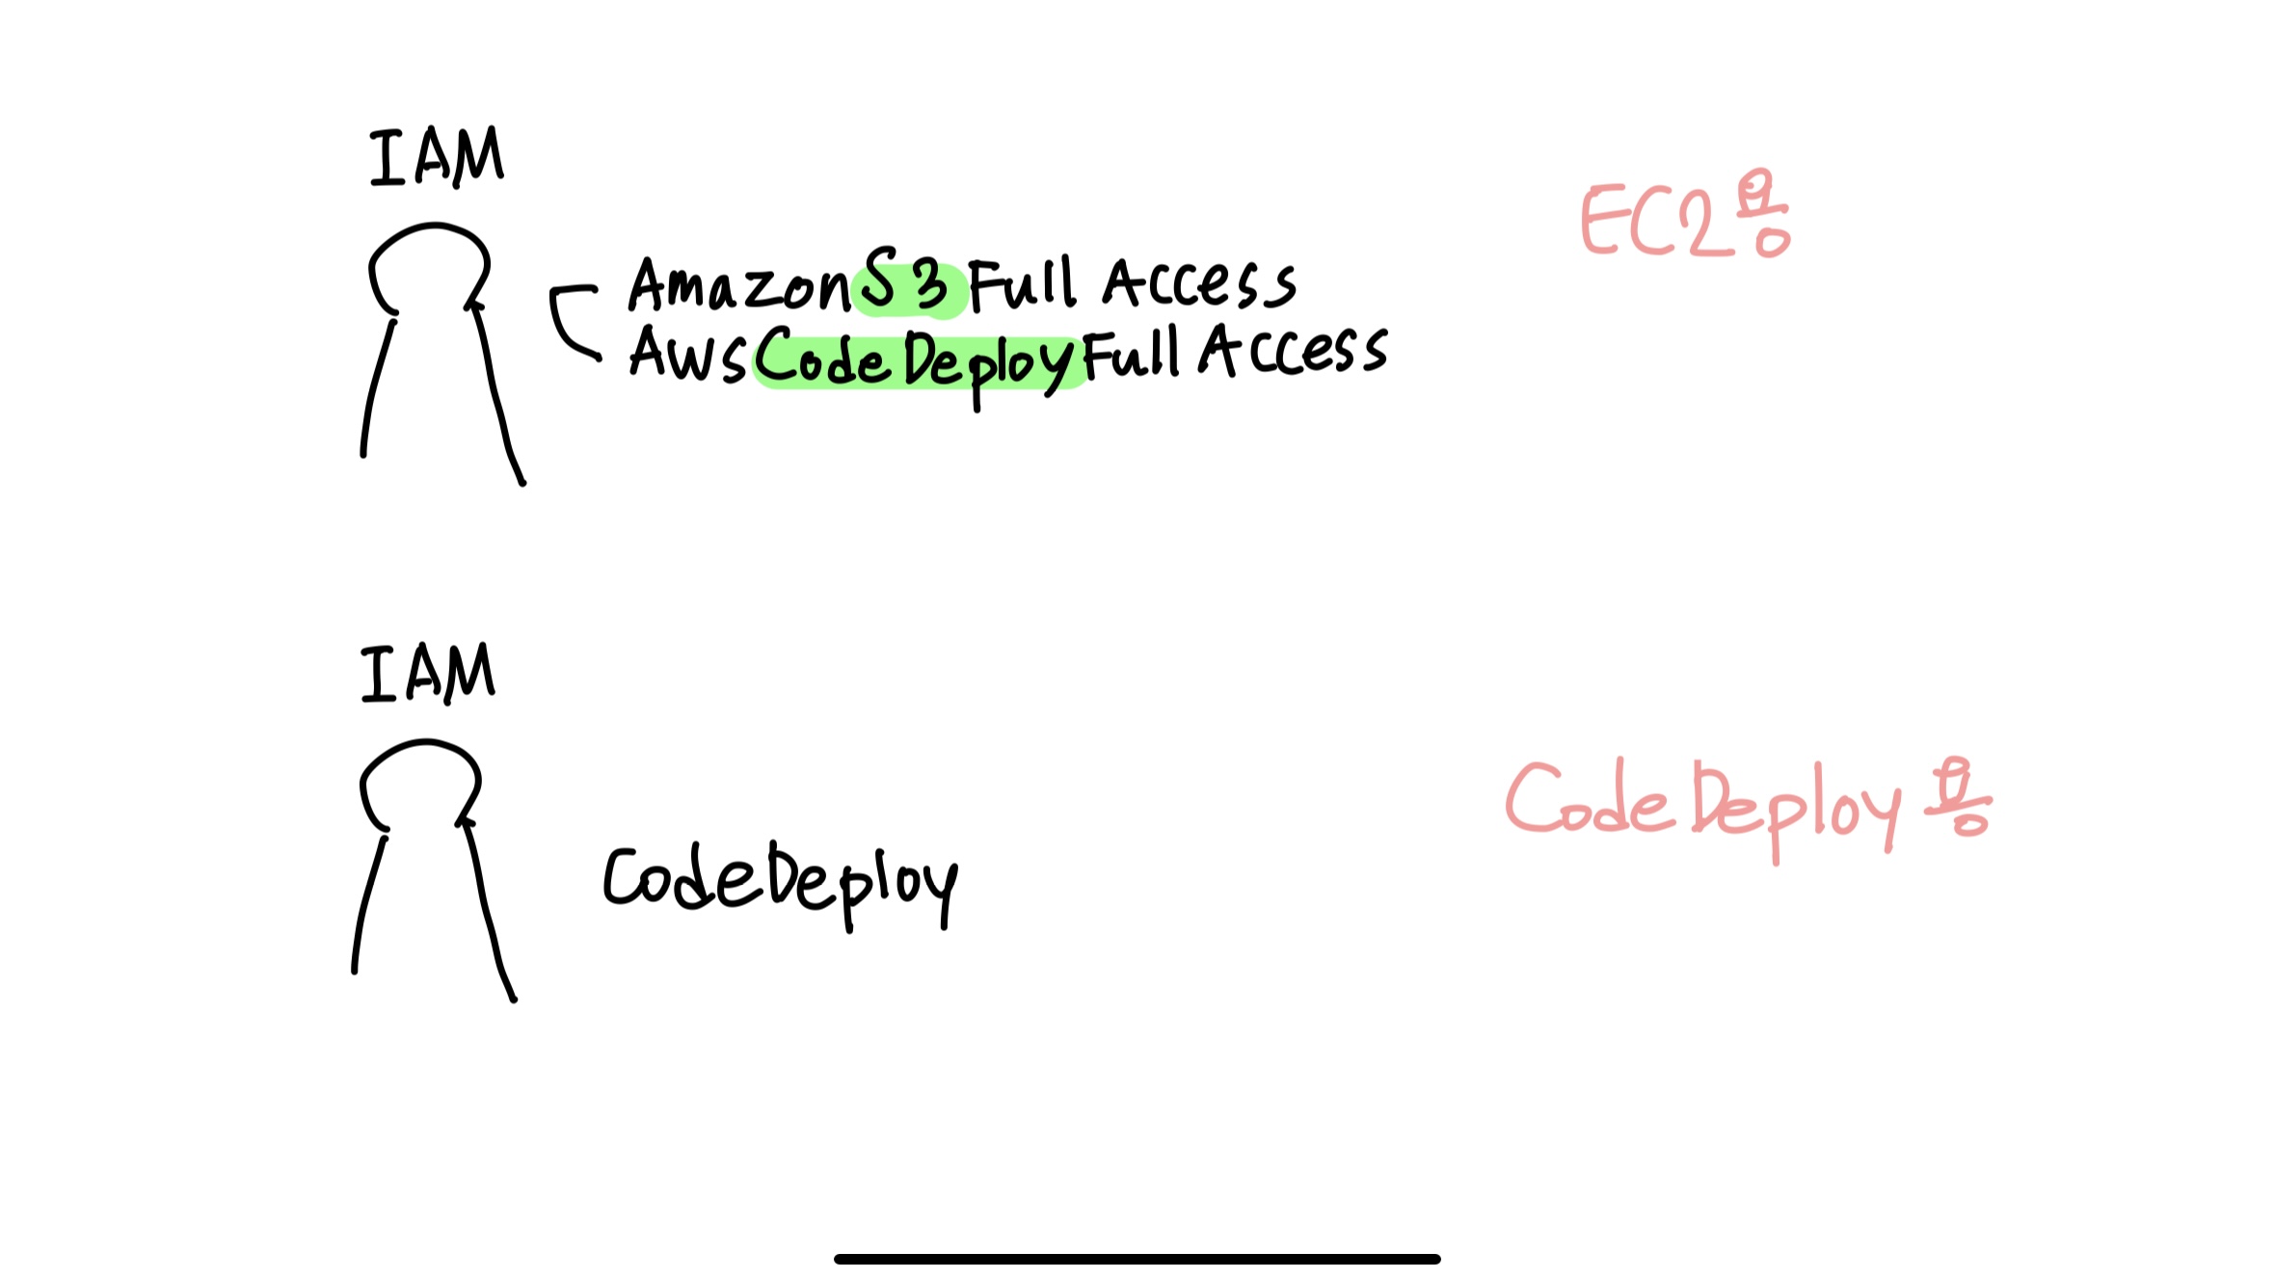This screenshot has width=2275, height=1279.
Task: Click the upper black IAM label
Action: pos(436,157)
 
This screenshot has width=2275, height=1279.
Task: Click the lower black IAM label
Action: pos(428,674)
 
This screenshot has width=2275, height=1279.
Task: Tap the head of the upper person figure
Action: pos(430,266)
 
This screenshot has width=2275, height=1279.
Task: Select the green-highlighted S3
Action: pos(906,284)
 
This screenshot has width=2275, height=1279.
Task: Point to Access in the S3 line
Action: pos(1200,285)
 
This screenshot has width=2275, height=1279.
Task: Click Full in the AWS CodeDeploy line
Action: pos(1131,354)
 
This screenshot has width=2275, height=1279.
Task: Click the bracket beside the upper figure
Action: pos(569,321)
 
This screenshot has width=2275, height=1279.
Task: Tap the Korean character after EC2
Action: pos(1763,215)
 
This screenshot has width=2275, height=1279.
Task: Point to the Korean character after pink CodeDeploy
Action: pos(1957,798)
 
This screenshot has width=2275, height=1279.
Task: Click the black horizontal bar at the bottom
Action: pos(1137,1259)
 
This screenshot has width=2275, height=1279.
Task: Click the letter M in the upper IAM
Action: pos(477,157)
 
